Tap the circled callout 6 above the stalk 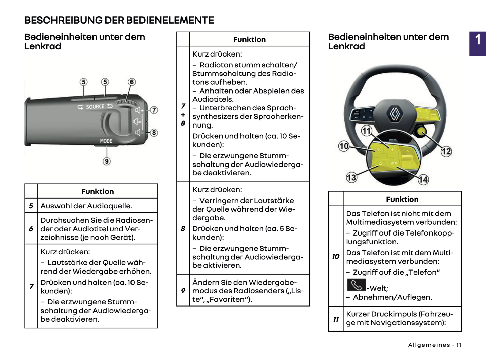[132, 82]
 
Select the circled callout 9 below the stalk [106, 161]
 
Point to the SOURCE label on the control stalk [95, 107]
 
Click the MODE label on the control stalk [106, 141]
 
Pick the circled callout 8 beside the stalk [154, 133]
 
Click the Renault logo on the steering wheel [395, 113]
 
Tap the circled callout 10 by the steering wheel [343, 146]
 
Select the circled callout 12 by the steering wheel [446, 151]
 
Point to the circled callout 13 [351, 177]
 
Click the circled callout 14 [423, 179]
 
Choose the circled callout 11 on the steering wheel [366, 131]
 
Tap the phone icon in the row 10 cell [356, 285]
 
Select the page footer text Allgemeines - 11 [435, 345]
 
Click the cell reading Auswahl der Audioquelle [86, 206]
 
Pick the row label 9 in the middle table [183, 290]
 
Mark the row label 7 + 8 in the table [183, 114]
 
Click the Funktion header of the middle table [249, 39]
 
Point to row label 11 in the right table [336, 319]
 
